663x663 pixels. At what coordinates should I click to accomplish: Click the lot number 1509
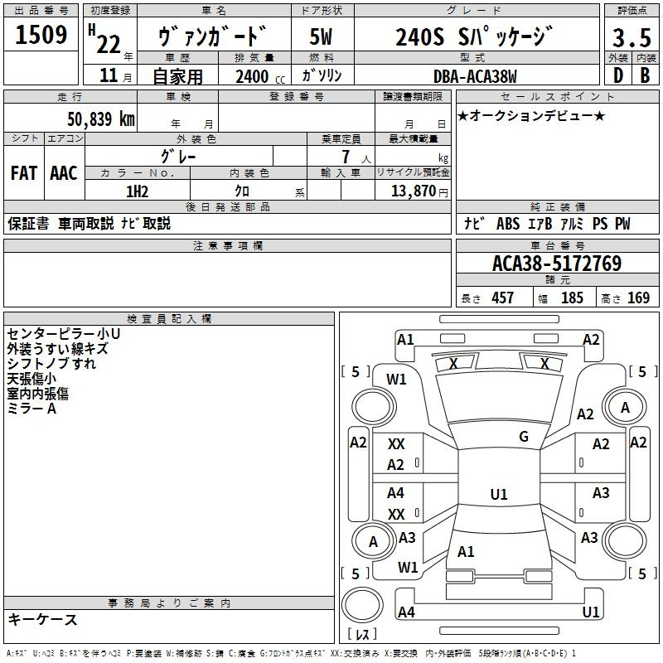point(41,35)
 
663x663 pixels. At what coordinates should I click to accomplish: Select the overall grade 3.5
point(632,37)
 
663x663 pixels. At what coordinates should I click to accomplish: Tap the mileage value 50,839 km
point(101,119)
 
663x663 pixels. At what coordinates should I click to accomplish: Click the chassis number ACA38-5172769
point(557,264)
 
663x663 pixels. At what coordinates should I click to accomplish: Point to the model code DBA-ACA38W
point(475,76)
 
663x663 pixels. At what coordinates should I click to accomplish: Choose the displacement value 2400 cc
point(260,77)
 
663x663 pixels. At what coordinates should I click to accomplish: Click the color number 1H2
point(137,191)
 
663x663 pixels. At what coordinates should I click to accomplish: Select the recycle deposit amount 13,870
point(413,191)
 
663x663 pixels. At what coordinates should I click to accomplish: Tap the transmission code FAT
point(24,173)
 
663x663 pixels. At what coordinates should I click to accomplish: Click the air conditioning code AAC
point(64,173)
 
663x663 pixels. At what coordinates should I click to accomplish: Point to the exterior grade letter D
point(618,75)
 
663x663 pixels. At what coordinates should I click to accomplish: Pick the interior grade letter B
point(646,75)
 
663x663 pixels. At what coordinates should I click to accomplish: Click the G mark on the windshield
point(524,437)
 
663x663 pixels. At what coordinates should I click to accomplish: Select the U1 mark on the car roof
point(499,494)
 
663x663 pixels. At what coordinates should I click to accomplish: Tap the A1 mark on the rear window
point(466,552)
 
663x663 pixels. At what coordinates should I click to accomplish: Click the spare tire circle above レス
point(362,605)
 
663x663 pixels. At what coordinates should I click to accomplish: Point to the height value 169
point(638,298)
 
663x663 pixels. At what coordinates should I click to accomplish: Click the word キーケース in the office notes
point(42,619)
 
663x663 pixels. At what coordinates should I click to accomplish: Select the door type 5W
point(321,36)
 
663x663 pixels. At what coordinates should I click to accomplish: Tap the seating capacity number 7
point(346,157)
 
